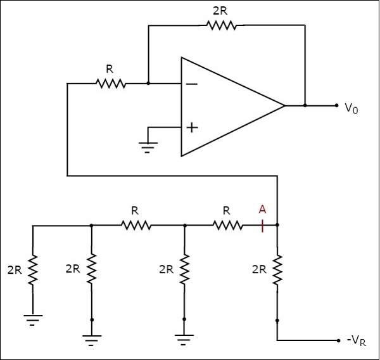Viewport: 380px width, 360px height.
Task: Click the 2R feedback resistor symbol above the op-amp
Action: pyautogui.click(x=221, y=25)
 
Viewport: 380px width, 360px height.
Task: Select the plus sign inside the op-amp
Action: pyautogui.click(x=191, y=127)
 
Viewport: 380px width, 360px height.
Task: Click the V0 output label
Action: pyautogui.click(x=351, y=109)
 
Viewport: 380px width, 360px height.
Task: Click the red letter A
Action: pyautogui.click(x=262, y=209)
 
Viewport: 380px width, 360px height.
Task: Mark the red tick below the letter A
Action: pyautogui.click(x=262, y=225)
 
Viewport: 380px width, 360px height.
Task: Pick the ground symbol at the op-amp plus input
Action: pyautogui.click(x=148, y=147)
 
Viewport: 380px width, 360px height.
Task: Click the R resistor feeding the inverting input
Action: pyautogui.click(x=111, y=83)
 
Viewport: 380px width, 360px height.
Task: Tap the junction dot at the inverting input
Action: pyautogui.click(x=148, y=83)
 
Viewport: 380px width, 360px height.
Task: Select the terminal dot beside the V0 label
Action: pyautogui.click(x=337, y=105)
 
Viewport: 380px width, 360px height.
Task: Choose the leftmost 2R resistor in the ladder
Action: pyautogui.click(x=33, y=269)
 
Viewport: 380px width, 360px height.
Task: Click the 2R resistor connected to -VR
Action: pyautogui.click(x=277, y=269)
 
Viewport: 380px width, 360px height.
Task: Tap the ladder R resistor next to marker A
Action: pyautogui.click(x=227, y=225)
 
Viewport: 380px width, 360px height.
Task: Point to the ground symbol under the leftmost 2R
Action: pyautogui.click(x=33, y=319)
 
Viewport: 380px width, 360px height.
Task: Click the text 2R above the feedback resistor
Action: pyautogui.click(x=221, y=11)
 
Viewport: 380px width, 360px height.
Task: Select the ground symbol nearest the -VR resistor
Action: pyautogui.click(x=184, y=340)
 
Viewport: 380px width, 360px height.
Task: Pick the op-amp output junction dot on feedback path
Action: pyautogui.click(x=305, y=105)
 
